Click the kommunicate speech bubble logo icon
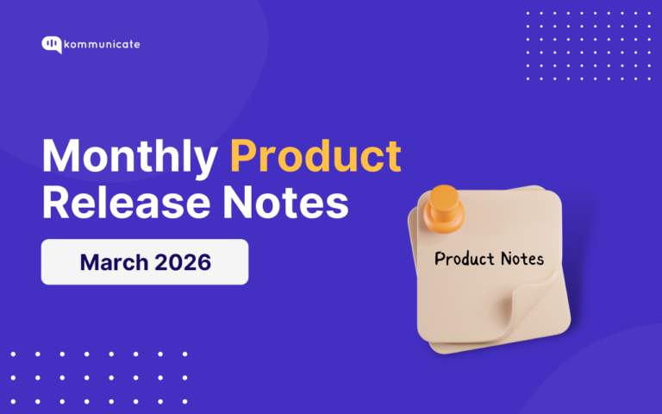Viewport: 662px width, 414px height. point(51,45)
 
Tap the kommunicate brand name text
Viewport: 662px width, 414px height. point(103,44)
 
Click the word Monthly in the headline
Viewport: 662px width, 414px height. point(129,158)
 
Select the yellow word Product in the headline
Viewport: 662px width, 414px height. point(315,158)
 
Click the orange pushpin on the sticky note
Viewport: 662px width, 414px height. point(446,209)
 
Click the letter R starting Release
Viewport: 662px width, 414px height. point(55,204)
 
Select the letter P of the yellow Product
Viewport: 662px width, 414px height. point(244,158)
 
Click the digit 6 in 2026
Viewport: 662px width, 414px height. point(203,262)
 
